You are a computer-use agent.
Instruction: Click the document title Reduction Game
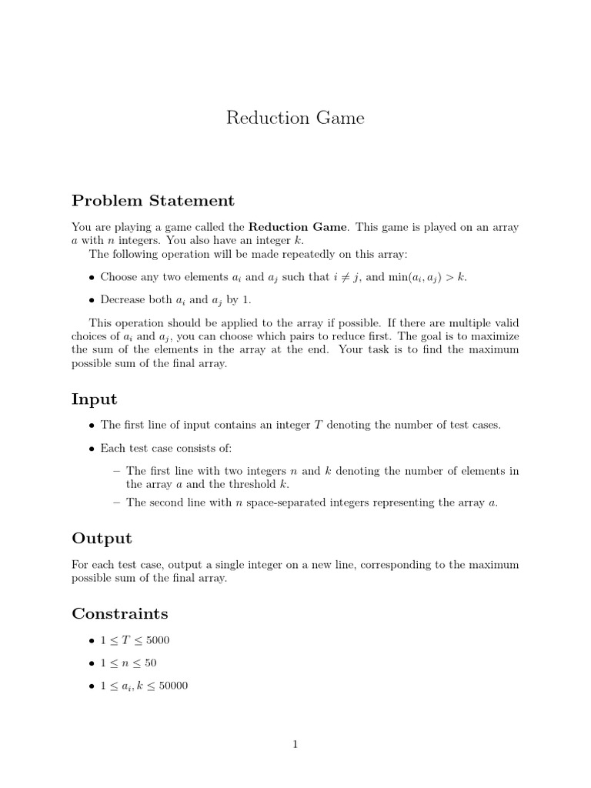pos(295,118)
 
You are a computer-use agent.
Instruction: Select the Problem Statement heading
pos(152,201)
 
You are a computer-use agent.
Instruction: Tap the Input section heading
pos(94,399)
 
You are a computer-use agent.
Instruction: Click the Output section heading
pos(102,538)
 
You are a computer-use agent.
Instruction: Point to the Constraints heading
pos(119,613)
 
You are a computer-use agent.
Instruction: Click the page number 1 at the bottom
pos(295,743)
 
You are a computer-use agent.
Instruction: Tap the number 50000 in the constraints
pos(173,685)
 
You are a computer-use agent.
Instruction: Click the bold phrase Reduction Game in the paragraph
pos(298,227)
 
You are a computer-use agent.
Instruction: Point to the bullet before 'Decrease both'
pos(92,301)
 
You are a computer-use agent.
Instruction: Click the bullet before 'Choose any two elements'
pos(92,278)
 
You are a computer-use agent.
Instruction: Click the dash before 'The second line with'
pos(116,503)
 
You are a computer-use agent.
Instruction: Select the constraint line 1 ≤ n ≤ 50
pos(129,663)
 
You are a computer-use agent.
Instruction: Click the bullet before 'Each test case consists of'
pos(92,448)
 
